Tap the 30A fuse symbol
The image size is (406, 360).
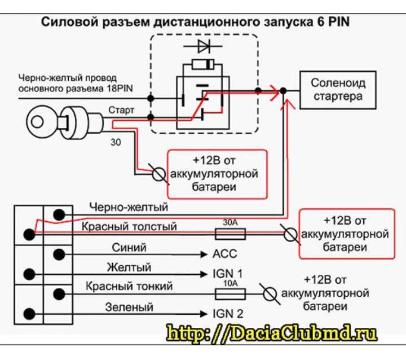[230, 234]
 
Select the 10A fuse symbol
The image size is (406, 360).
[230, 294]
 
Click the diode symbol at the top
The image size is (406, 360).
[203, 46]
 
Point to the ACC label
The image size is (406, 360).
[225, 254]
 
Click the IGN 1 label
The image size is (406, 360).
[228, 274]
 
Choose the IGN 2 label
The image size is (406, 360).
[228, 314]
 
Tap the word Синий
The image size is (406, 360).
[129, 248]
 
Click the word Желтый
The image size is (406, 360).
[129, 267]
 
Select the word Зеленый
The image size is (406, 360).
[129, 308]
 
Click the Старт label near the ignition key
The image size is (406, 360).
[121, 110]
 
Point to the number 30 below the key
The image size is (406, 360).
[116, 142]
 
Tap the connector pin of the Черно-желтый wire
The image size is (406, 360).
[59, 215]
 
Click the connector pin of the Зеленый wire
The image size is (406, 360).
[29, 314]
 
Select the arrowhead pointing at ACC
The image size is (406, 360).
[204, 254]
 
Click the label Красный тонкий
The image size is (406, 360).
[129, 287]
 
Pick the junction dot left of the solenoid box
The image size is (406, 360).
[283, 91]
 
